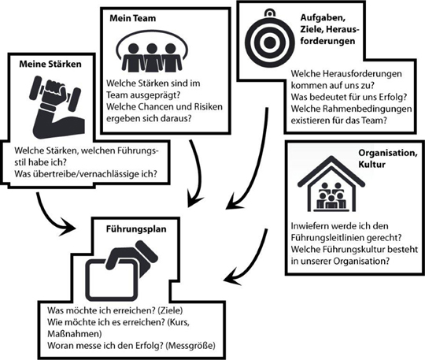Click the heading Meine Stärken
pos(50,64)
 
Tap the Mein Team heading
pos(132,18)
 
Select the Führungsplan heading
pos(136,229)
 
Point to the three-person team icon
pos(152,51)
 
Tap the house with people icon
pos(331,184)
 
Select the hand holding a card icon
pos(121,270)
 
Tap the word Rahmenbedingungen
pos(366,109)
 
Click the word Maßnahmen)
pos(75,333)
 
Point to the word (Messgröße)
pos(190,345)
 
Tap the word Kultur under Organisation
pos(371,165)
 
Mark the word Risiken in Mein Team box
pos(208,106)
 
